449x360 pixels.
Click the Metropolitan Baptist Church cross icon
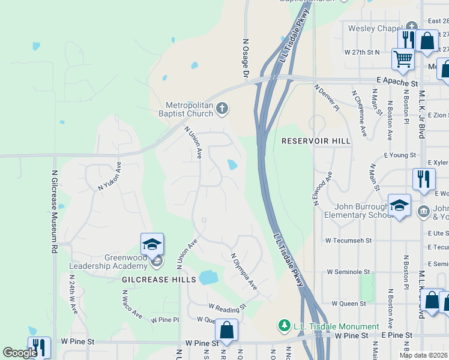pos(222,109)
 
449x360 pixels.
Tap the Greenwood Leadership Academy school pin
pos(152,245)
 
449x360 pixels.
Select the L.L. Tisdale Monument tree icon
pos(285,326)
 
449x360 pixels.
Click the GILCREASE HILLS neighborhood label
pos(159,280)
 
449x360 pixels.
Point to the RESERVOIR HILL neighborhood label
pos(316,141)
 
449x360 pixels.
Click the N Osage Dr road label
pos(245,59)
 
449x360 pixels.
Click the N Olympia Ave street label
pos(244,272)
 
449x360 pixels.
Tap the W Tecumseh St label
pos(349,240)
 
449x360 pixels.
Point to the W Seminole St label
pos(350,272)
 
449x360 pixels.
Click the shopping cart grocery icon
pos(403,59)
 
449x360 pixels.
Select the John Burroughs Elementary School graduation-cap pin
pos(399,205)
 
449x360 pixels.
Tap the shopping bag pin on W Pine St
pos(226,329)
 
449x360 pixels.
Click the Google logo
pos(20,353)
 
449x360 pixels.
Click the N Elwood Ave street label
pos(323,190)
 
